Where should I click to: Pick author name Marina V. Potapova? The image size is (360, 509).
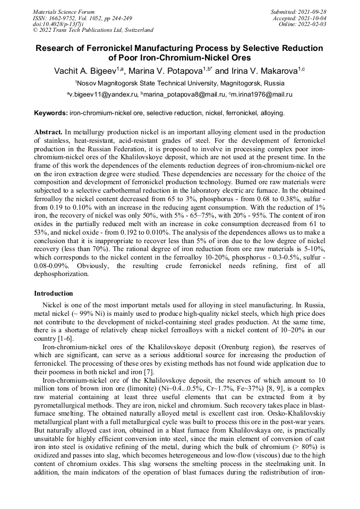pyautogui.click(x=164, y=71)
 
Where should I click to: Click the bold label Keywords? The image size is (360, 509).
pyautogui.click(x=51, y=113)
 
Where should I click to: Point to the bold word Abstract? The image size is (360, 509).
pyautogui.click(x=49, y=131)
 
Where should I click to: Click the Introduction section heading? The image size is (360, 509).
pyautogui.click(x=54, y=294)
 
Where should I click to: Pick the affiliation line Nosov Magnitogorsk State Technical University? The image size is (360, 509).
pyautogui.click(x=179, y=83)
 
